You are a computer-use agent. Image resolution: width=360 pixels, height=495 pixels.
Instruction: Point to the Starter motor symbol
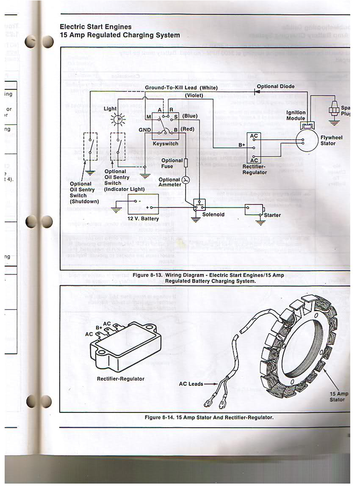point(254,209)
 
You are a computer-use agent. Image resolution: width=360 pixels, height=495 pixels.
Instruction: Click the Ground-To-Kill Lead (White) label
point(181,88)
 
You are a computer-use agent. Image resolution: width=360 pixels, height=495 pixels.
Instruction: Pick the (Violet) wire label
point(194,95)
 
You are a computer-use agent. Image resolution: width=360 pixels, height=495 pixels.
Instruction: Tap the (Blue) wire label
point(190,116)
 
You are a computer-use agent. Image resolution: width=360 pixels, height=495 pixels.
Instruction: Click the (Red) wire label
point(188,128)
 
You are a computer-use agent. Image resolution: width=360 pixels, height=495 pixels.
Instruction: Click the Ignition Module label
point(296,116)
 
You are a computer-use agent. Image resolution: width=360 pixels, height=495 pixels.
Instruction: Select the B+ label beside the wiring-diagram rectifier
point(242,144)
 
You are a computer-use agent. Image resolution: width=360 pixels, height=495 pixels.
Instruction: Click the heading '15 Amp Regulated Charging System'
point(120,35)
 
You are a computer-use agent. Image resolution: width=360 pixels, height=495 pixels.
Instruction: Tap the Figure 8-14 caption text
point(209,417)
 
